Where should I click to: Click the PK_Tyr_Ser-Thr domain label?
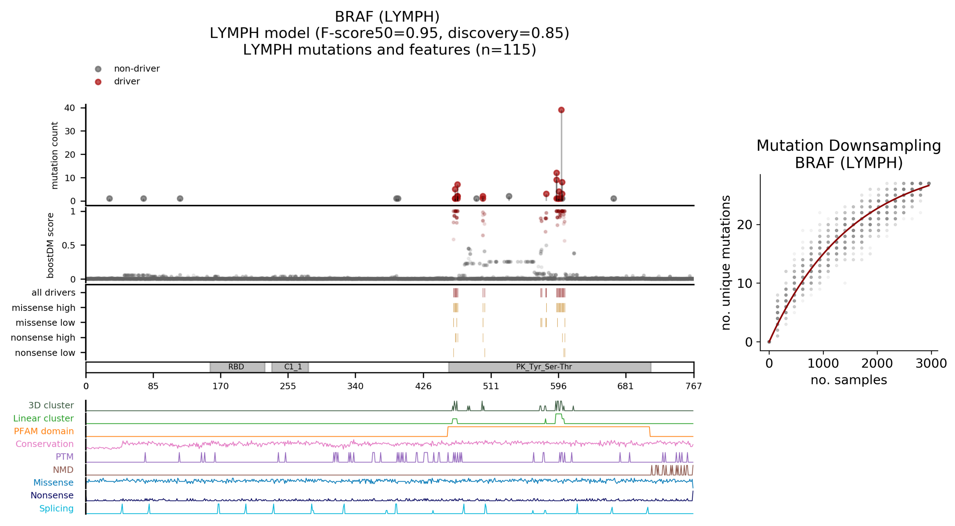pos(544,367)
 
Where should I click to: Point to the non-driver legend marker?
pos(98,69)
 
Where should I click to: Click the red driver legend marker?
pos(98,82)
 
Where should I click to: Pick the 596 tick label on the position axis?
pos(558,386)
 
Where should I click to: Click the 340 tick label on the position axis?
pos(355,386)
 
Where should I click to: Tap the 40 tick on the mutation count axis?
pos(70,108)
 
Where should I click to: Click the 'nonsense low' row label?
pos(45,353)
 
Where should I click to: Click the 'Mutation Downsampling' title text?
pos(849,146)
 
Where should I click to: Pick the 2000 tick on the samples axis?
pos(877,363)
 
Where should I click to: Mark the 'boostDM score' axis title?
pos(50,245)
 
